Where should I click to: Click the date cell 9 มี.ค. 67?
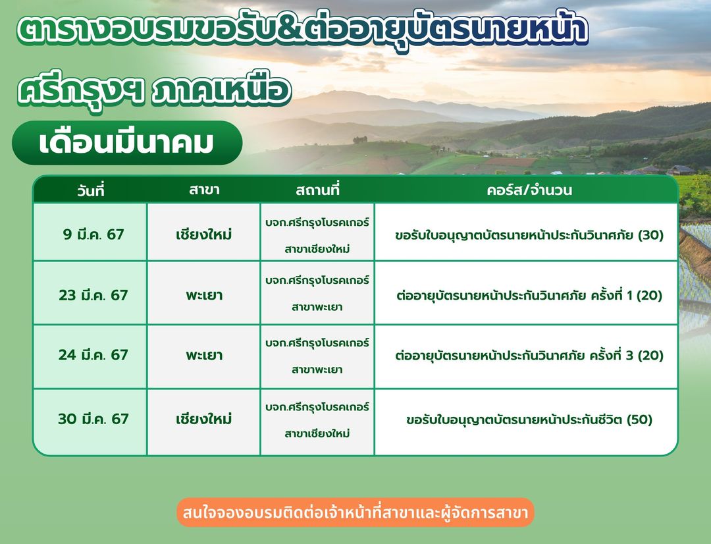click(x=93, y=234)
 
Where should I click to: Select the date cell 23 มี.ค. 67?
click(x=93, y=295)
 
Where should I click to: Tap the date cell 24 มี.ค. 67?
click(x=93, y=354)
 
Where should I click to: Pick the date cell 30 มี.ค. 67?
click(x=93, y=418)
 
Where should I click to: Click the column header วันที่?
click(x=91, y=190)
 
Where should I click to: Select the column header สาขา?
click(x=204, y=190)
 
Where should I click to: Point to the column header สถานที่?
click(x=317, y=189)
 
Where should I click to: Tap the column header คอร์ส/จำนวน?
click(x=529, y=190)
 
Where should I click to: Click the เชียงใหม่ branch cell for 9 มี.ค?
click(x=204, y=234)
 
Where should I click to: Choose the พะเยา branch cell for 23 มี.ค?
click(x=204, y=295)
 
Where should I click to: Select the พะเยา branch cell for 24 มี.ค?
click(x=204, y=355)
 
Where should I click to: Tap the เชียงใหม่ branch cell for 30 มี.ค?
click(x=204, y=418)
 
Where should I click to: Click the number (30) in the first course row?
click(x=650, y=235)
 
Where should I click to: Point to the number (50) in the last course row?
click(x=639, y=420)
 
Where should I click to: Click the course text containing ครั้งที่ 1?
click(x=529, y=295)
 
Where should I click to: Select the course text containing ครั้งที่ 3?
click(x=529, y=355)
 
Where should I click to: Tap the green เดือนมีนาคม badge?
click(x=127, y=143)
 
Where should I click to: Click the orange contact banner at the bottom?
click(x=355, y=512)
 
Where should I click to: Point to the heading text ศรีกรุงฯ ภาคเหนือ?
click(x=154, y=90)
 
